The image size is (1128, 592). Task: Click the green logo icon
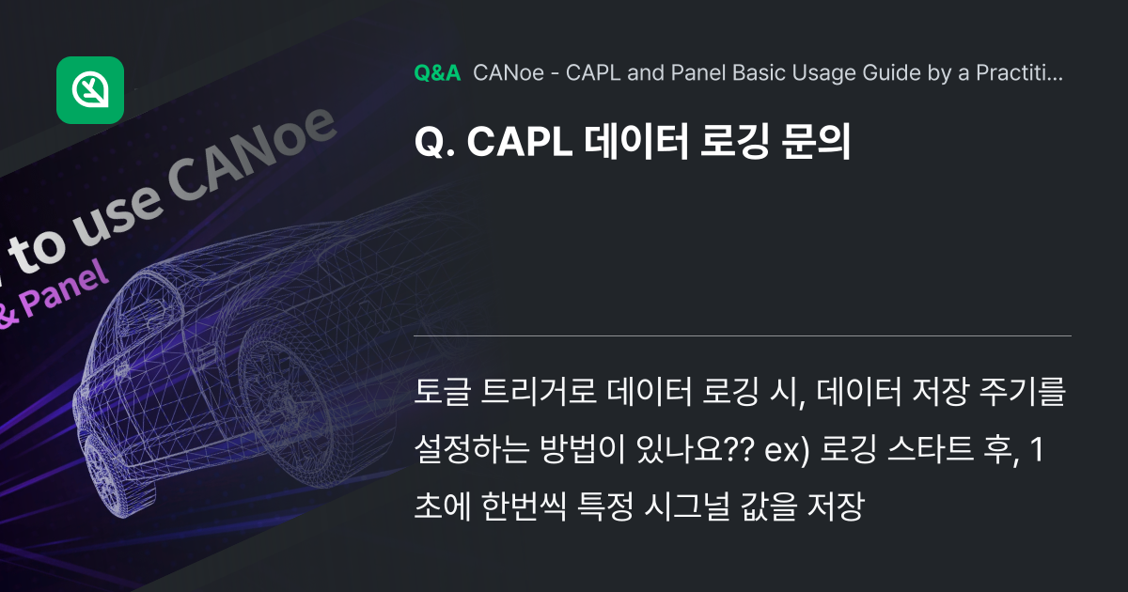(x=90, y=90)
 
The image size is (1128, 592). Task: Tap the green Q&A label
(x=436, y=73)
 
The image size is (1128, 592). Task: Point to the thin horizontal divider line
(x=743, y=335)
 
